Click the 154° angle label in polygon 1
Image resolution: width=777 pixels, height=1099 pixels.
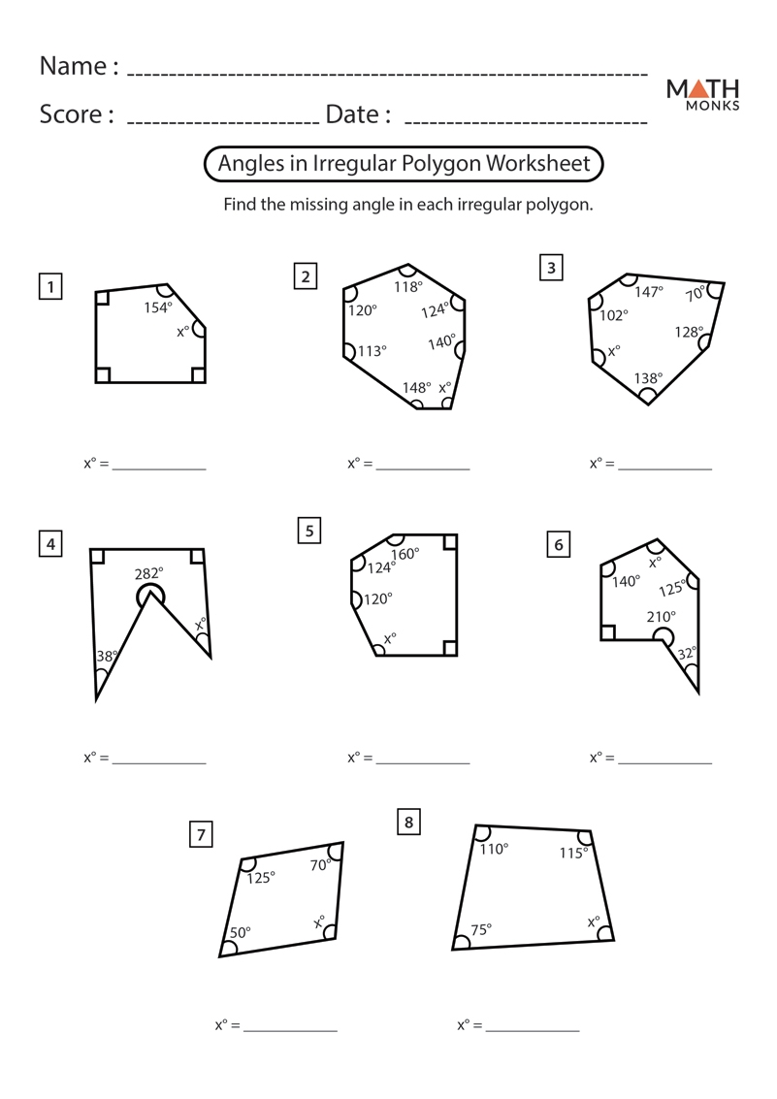point(158,307)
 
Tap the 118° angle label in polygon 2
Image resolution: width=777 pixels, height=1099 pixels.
point(408,286)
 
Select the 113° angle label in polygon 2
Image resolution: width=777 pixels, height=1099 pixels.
point(372,351)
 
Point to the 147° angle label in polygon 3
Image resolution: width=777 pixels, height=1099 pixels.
point(649,291)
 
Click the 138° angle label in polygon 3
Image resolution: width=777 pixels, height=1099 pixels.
point(648,378)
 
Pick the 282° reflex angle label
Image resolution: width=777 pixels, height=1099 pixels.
point(149,574)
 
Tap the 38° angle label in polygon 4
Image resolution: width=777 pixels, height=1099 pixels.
point(107,657)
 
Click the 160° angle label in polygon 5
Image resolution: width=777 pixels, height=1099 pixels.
point(405,554)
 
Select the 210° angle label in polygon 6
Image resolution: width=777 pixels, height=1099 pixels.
point(662,616)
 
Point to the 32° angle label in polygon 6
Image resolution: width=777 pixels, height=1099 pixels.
point(687,654)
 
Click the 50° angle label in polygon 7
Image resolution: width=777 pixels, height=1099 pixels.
point(240,932)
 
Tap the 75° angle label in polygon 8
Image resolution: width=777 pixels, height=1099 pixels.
point(481,928)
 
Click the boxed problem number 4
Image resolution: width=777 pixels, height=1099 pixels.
point(49,544)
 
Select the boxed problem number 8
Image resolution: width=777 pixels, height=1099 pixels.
point(408,823)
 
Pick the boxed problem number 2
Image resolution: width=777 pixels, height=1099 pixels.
point(306,276)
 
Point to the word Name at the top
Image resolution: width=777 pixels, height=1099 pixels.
point(72,66)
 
